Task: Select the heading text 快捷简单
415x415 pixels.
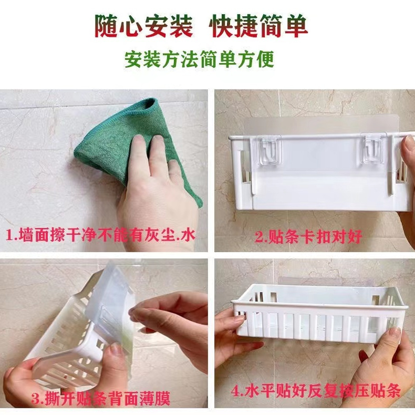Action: pos(258,26)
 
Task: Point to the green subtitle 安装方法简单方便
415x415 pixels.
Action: pos(199,59)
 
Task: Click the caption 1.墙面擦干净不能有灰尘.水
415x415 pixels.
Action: pos(100,235)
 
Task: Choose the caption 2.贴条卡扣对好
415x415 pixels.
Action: pos(308,236)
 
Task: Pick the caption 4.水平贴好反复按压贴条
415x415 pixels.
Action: pos(316,390)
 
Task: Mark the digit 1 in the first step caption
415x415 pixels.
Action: pos(9,235)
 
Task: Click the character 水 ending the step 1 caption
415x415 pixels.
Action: pos(188,235)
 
